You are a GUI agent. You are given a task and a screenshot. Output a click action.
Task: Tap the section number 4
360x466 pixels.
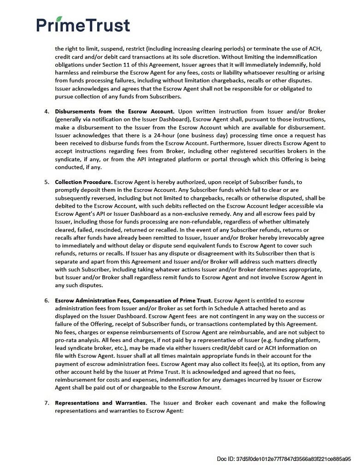pos(47,112)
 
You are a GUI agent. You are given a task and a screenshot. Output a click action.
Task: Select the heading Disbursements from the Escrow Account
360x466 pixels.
pos(114,112)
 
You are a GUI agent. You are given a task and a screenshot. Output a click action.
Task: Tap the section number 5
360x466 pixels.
pos(47,182)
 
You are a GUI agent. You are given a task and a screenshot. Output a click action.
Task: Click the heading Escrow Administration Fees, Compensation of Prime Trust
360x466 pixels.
pos(134,300)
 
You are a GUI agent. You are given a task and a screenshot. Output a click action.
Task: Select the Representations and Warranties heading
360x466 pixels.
pos(101,403)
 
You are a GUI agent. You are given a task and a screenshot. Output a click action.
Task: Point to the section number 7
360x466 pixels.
pos(47,403)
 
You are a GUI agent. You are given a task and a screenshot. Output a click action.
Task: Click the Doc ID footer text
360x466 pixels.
pos(284,459)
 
